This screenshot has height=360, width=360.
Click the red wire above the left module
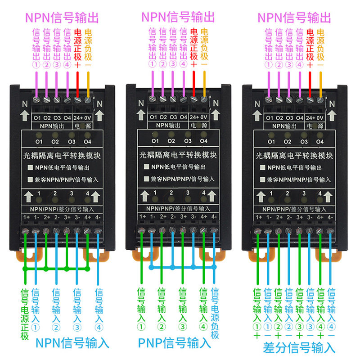point(77,85)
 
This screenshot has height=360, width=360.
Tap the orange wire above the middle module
point(204,84)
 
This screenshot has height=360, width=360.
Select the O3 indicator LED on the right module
point(304,135)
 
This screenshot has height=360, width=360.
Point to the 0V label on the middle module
point(204,117)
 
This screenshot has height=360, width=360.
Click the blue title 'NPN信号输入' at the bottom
point(72,343)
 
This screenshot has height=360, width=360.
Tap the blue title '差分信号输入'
point(299,347)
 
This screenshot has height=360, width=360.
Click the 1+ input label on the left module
point(27,217)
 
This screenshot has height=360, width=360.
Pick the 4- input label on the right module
point(330,217)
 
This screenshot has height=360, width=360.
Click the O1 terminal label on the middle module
point(153,117)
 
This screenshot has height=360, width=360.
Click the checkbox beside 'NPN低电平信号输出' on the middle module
point(146,166)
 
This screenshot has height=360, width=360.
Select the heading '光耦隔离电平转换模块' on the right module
point(294,156)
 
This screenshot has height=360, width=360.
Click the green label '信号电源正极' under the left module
point(25,314)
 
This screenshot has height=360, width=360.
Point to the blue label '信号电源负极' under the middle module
point(215,313)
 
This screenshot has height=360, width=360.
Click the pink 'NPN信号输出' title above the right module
point(294,18)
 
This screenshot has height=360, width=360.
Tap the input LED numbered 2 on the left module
point(55,199)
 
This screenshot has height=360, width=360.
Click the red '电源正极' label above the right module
point(310,45)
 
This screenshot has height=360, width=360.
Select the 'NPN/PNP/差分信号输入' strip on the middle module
point(178,208)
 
